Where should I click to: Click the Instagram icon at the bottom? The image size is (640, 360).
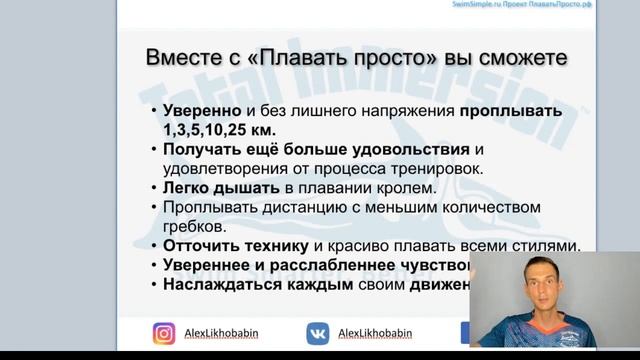pyautogui.click(x=164, y=333)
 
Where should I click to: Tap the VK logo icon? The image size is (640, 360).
pyautogui.click(x=318, y=333)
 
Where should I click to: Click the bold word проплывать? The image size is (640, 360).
pyautogui.click(x=512, y=111)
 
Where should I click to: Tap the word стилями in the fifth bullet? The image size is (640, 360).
pyautogui.click(x=544, y=246)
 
